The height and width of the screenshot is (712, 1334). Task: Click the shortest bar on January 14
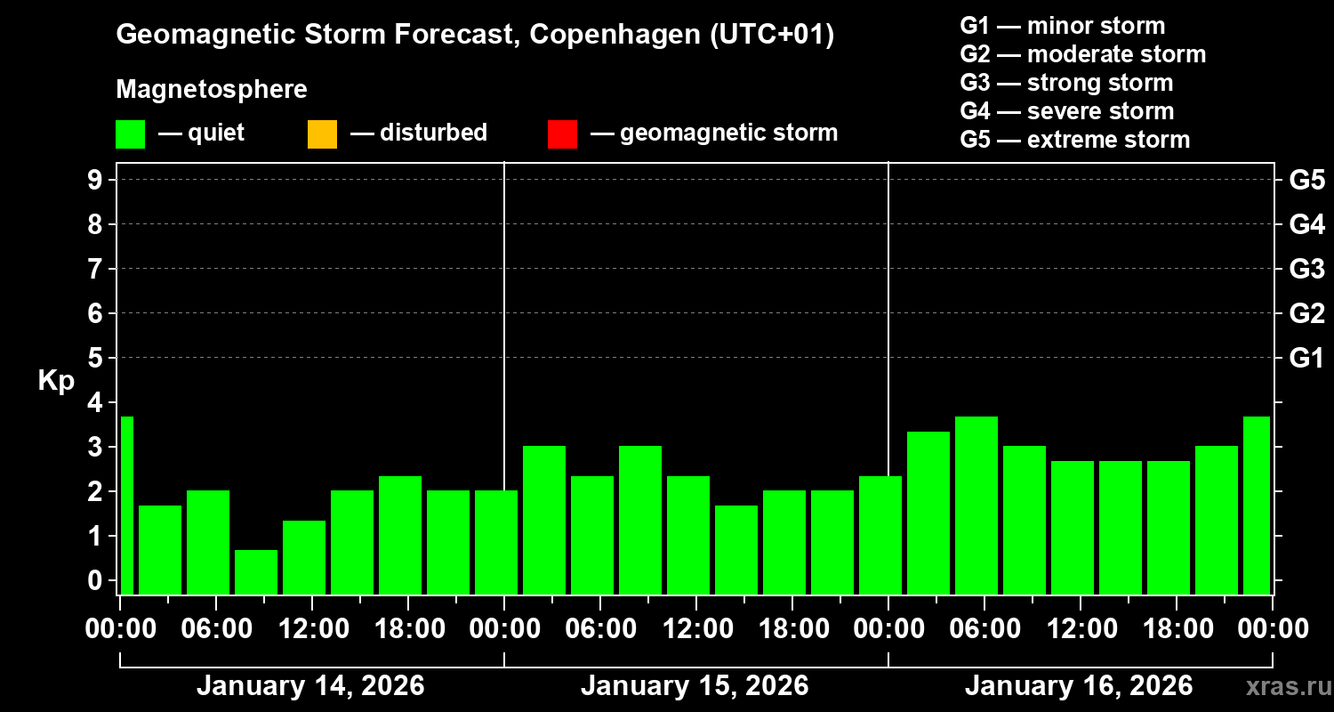pos(256,571)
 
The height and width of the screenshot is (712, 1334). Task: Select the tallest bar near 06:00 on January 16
pos(976,505)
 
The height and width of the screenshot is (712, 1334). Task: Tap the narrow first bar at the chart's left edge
pos(126,505)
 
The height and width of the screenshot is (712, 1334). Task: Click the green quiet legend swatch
pos(130,134)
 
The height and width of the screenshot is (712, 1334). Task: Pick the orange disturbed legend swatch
pos(322,134)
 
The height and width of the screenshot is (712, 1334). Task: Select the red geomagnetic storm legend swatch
pos(562,134)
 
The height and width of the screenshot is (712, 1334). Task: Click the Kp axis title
pos(56,381)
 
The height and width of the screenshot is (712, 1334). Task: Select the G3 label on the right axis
pos(1306,269)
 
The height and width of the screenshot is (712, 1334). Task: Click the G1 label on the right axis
pos(1306,359)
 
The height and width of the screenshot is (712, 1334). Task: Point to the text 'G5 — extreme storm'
pos(1074,140)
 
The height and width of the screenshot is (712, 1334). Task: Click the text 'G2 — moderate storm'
pos(1082,54)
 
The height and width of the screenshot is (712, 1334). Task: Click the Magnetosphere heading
pos(212,90)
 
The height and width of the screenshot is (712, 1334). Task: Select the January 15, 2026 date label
pos(695,686)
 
